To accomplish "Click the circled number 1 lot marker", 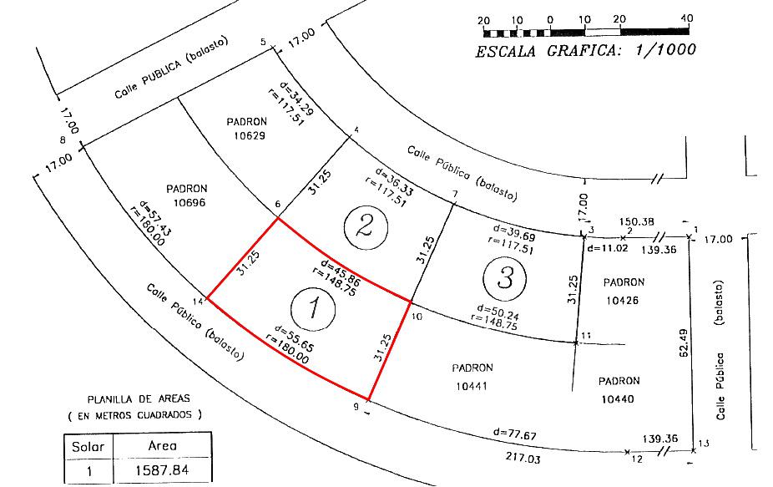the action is pyautogui.click(x=313, y=309).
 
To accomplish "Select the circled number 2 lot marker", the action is pyautogui.click(x=366, y=228).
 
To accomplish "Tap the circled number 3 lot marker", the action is pyautogui.click(x=504, y=278).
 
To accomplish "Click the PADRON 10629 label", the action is pyautogui.click(x=247, y=129).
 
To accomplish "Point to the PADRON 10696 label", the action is pyautogui.click(x=187, y=195).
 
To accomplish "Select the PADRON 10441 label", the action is pyautogui.click(x=472, y=377).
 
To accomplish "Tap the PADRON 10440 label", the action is pyautogui.click(x=619, y=390).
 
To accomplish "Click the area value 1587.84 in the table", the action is pyautogui.click(x=162, y=470).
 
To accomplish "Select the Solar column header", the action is pyautogui.click(x=88, y=447).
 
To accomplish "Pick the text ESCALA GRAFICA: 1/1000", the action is pyautogui.click(x=586, y=51).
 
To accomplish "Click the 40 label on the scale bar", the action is pyautogui.click(x=686, y=18).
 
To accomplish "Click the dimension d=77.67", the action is pyautogui.click(x=515, y=434).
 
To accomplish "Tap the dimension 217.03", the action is pyautogui.click(x=523, y=458).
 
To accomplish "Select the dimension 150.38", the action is pyautogui.click(x=636, y=222).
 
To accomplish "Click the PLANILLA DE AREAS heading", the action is pyautogui.click(x=139, y=398).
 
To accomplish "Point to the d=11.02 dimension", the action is pyautogui.click(x=608, y=248).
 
